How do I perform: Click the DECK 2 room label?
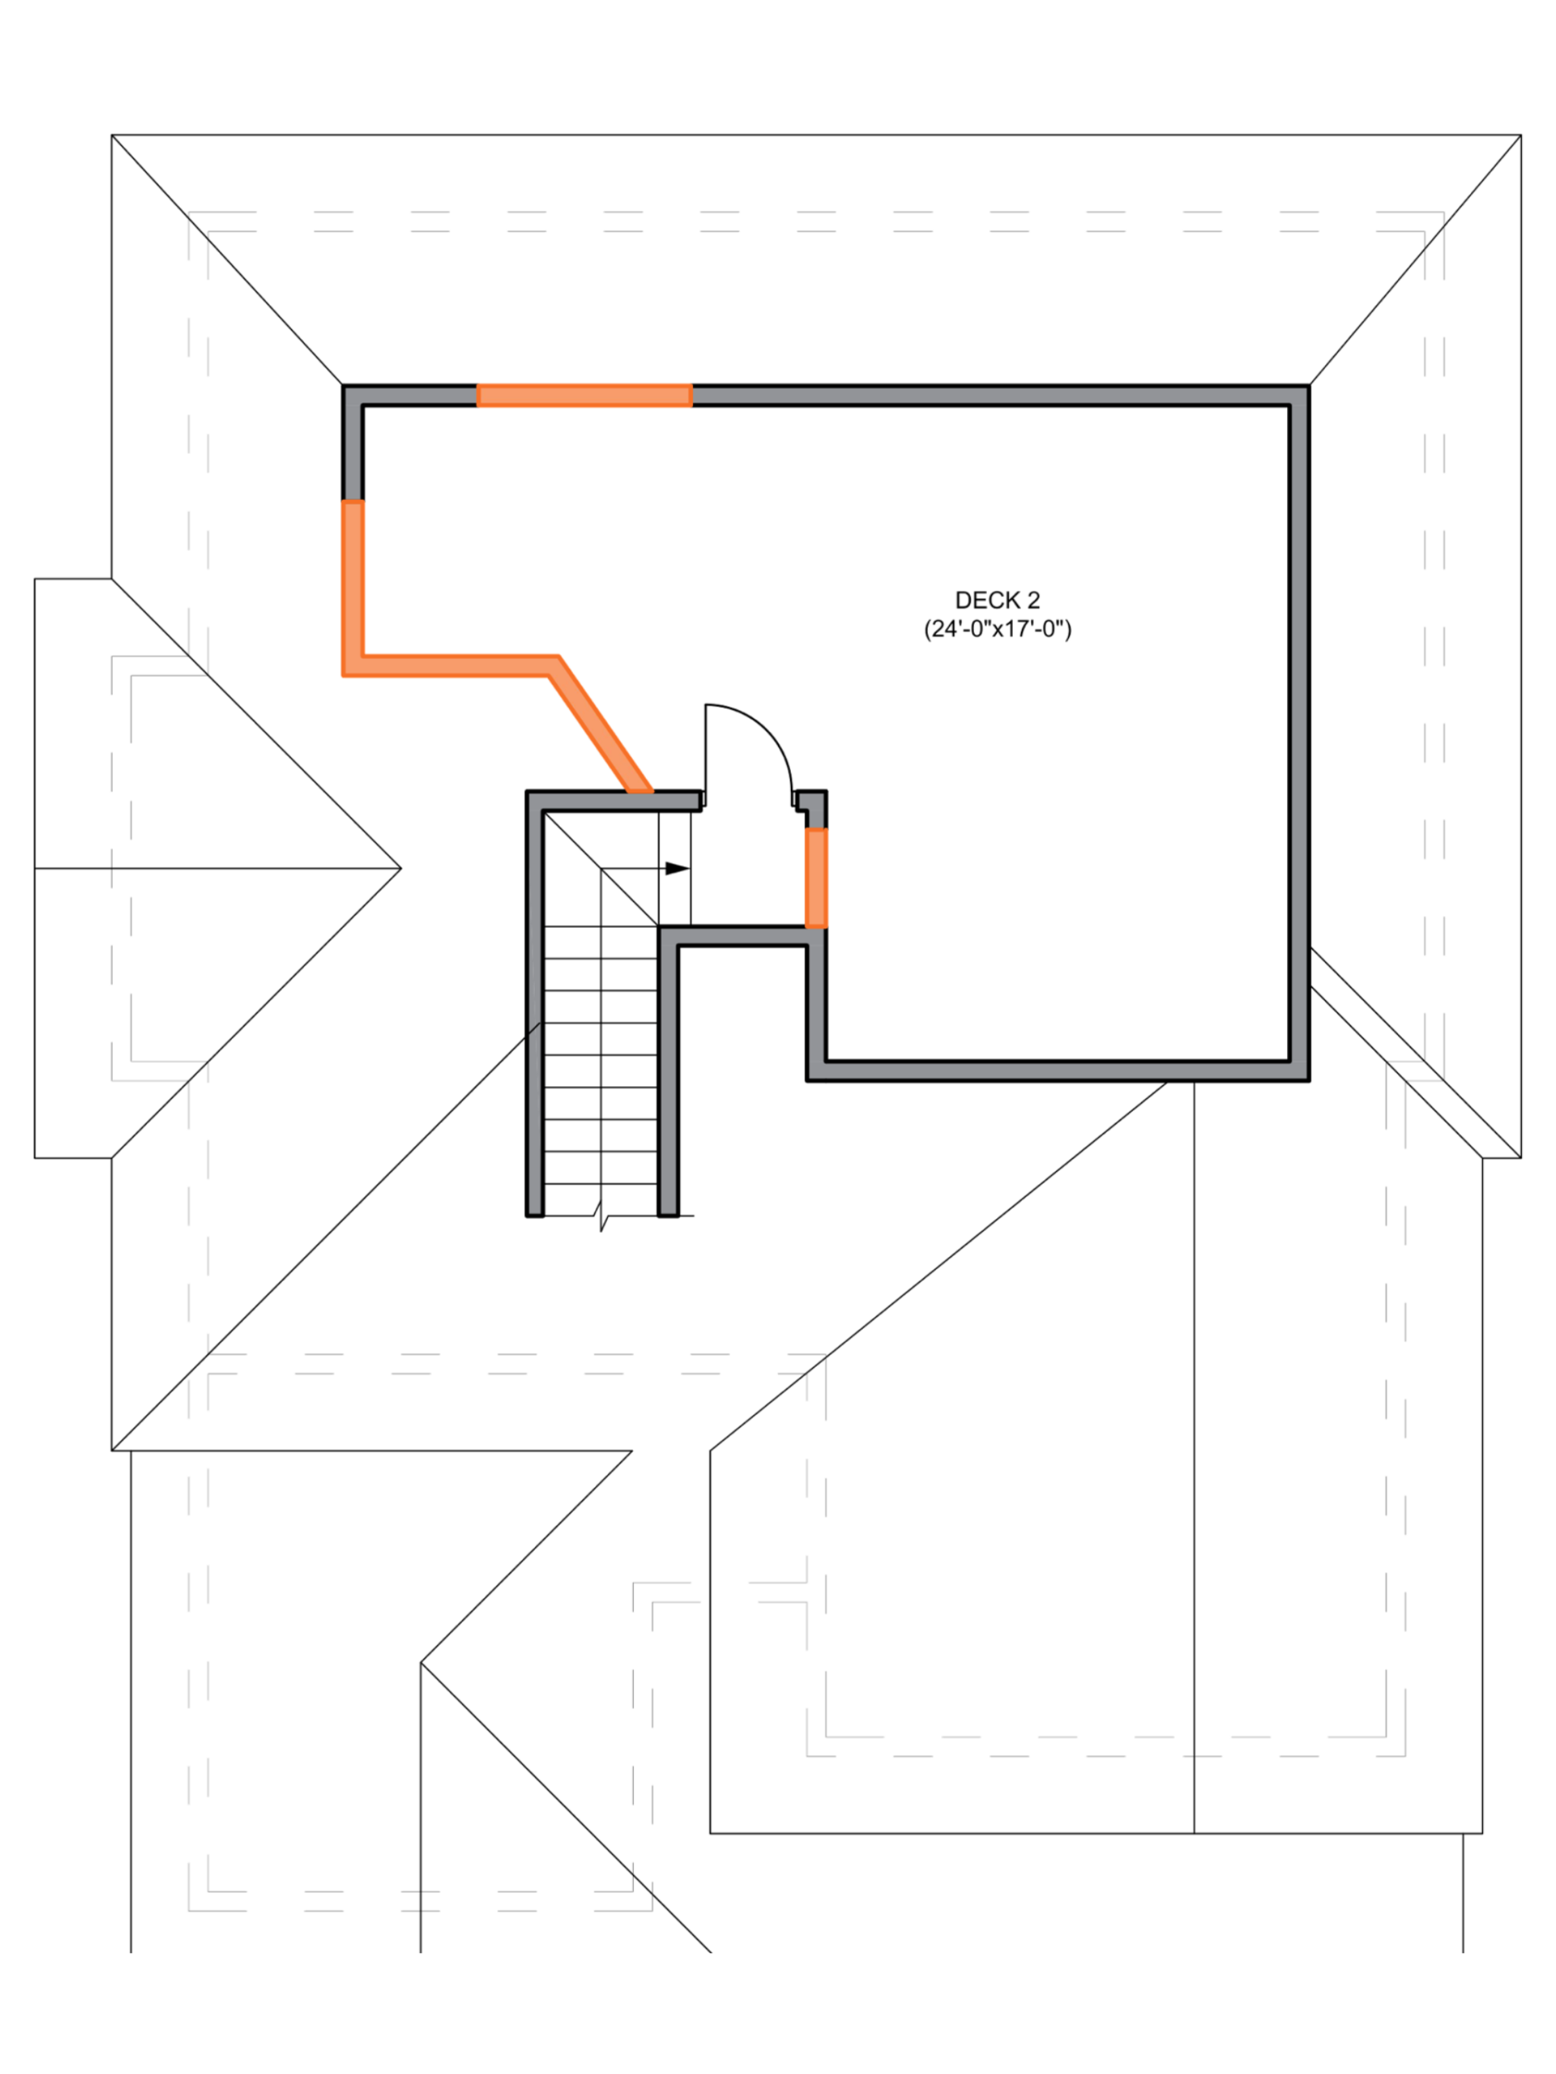[997, 600]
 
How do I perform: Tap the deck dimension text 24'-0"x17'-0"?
[997, 629]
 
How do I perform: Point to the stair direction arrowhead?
[678, 869]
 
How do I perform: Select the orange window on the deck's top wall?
[584, 395]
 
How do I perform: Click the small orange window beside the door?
[816, 877]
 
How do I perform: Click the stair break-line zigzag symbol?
[601, 1220]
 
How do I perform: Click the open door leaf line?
[705, 755]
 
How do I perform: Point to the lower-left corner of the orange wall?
[352, 666]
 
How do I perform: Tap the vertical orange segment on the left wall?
[352, 577]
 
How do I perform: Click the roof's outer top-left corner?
[111, 135]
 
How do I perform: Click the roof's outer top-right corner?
[1520, 135]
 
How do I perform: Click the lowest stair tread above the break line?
[601, 1182]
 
